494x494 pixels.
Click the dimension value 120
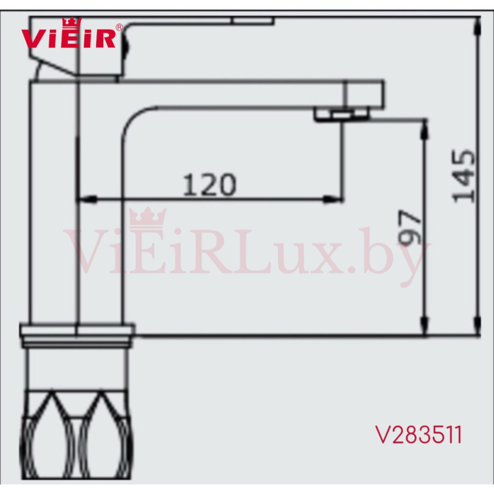tap(209, 185)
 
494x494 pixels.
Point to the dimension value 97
tap(409, 227)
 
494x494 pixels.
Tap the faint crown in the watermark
tap(148, 219)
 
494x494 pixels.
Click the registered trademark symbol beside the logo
tap(119, 27)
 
